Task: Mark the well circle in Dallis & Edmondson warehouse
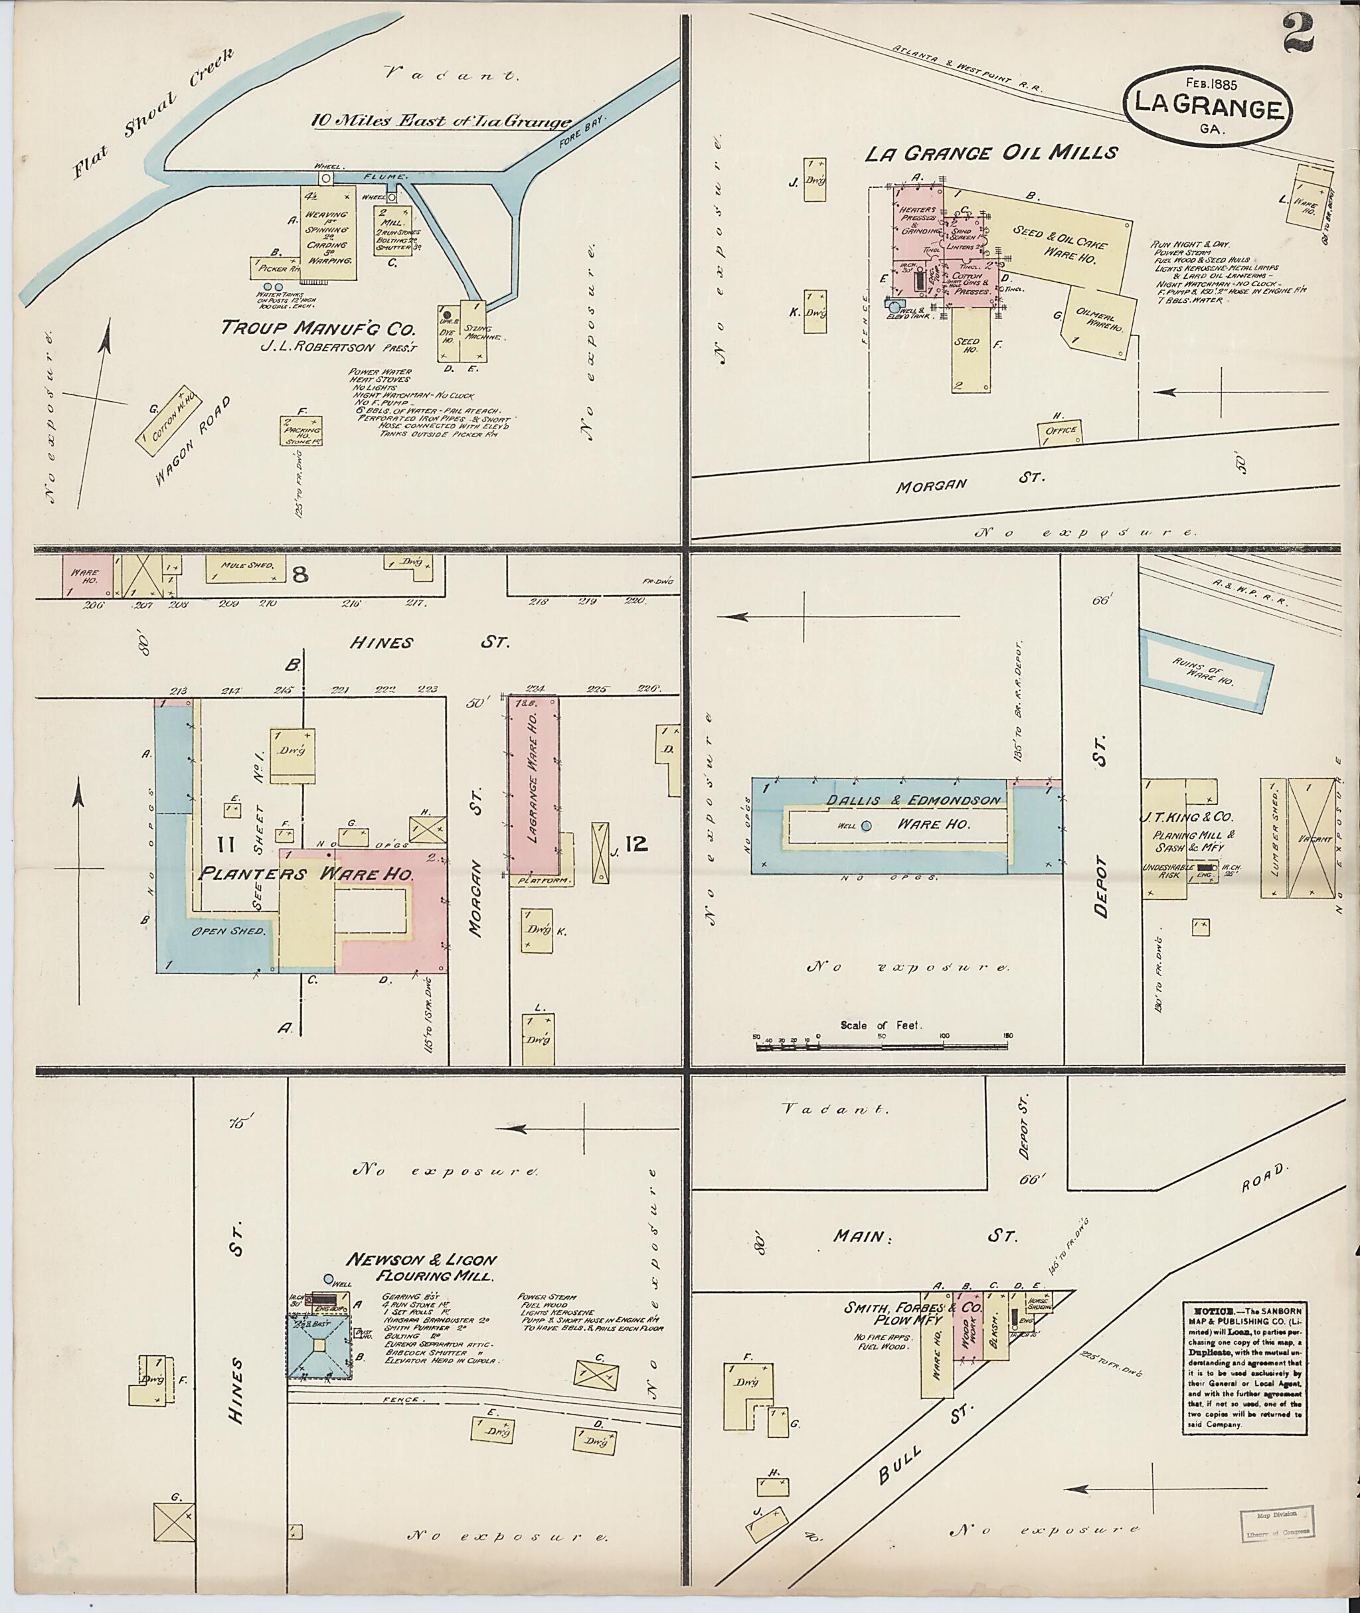click(x=866, y=826)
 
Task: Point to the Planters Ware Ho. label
click(x=306, y=875)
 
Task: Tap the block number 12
click(x=636, y=846)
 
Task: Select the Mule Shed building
click(x=241, y=570)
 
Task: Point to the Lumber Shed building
click(x=1273, y=838)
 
